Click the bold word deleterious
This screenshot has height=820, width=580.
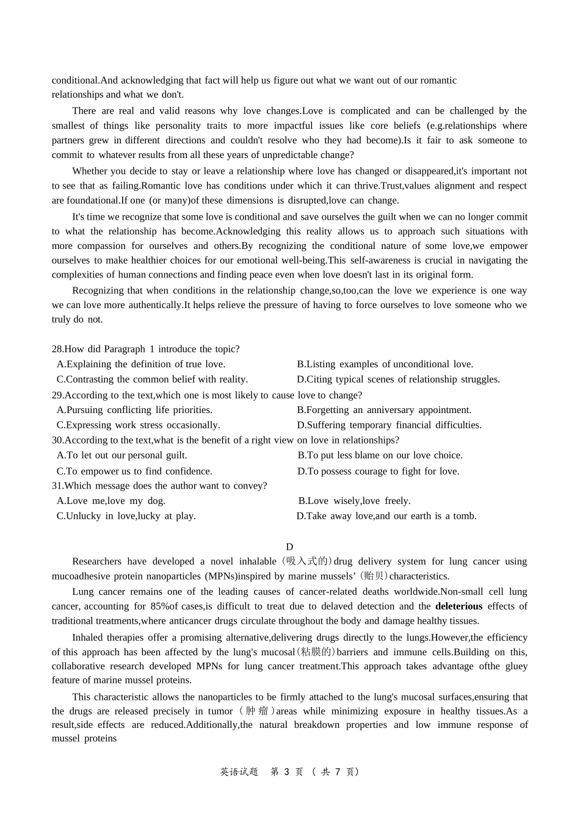[x=459, y=606]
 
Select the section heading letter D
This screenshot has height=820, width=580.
[x=289, y=547]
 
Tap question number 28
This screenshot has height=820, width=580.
[x=57, y=349]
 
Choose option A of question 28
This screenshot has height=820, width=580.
[x=141, y=364]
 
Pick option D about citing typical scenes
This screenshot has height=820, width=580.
[x=398, y=379]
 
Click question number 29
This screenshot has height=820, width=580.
[x=57, y=395]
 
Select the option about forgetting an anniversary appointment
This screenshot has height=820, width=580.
[x=384, y=410]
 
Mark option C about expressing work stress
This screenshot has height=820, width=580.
[x=139, y=425]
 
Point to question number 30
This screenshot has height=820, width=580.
[x=57, y=441]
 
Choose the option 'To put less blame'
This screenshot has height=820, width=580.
[x=380, y=455]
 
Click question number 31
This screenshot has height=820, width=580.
[x=57, y=486]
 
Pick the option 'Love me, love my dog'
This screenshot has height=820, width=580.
[x=111, y=501]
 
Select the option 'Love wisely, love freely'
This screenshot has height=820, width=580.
[x=354, y=501]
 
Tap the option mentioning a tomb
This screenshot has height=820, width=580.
[x=386, y=516]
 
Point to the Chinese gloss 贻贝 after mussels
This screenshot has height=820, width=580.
[x=372, y=576]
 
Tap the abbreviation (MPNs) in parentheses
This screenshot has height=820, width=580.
[x=222, y=576]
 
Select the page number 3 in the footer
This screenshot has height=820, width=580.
[x=285, y=772]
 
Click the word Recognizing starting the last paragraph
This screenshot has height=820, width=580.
[x=96, y=290]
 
